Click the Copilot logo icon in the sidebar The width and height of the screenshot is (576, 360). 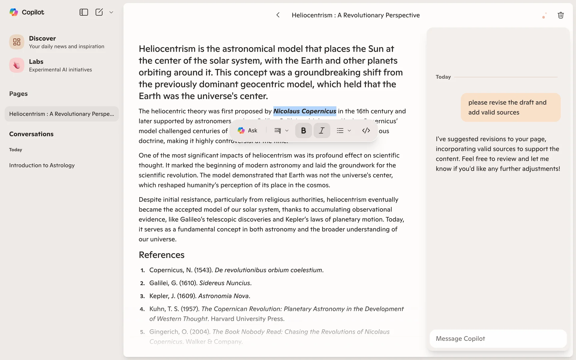(x=14, y=12)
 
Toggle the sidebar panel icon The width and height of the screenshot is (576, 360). (x=83, y=12)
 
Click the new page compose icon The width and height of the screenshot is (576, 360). (x=99, y=12)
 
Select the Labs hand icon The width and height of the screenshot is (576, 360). (x=17, y=65)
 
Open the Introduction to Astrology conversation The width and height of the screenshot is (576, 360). (x=42, y=165)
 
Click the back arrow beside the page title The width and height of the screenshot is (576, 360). (x=278, y=15)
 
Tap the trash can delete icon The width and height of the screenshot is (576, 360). (x=560, y=15)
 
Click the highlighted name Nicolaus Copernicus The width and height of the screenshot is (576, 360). (x=304, y=111)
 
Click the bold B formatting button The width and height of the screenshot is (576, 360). (x=303, y=130)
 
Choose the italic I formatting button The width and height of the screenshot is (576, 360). (x=322, y=130)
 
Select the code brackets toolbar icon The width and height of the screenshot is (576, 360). (x=366, y=130)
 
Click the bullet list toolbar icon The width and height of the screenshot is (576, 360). (x=340, y=130)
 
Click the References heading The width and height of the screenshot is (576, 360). (x=161, y=255)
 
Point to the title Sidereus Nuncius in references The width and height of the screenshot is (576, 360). (x=225, y=283)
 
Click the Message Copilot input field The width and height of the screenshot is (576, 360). (x=498, y=339)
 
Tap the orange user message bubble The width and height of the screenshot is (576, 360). (x=510, y=107)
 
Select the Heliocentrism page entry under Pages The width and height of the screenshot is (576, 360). (x=61, y=114)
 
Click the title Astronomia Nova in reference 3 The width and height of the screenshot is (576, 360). (x=223, y=296)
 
